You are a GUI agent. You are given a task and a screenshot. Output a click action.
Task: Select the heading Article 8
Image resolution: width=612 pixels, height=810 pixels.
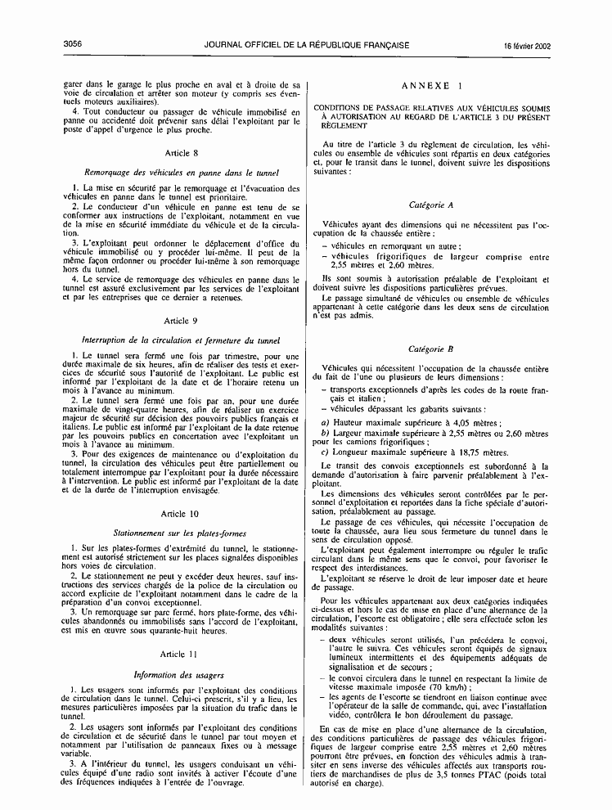[181, 153]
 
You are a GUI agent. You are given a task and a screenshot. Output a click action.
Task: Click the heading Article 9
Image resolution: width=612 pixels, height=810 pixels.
[181, 321]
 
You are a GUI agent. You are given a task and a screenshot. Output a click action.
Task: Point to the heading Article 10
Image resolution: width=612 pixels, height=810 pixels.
[181, 513]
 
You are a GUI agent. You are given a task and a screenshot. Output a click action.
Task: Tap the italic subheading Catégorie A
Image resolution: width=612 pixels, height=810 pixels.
[431, 205]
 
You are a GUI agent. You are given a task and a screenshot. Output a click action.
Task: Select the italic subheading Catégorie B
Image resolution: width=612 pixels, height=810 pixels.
[431, 349]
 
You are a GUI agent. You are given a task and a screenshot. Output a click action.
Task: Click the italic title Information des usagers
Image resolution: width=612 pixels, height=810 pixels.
[181, 675]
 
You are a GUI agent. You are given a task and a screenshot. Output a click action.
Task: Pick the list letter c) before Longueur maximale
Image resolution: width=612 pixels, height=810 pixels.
[325, 452]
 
